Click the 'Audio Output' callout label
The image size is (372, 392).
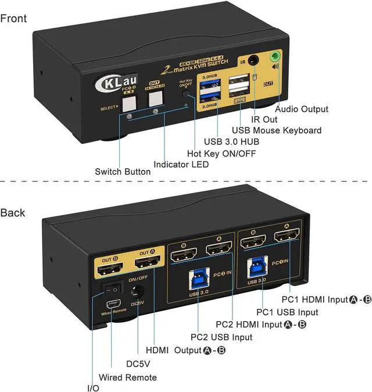pyautogui.click(x=301, y=109)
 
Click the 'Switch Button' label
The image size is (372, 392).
pyautogui.click(x=123, y=172)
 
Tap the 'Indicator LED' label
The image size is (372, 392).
pyautogui.click(x=181, y=165)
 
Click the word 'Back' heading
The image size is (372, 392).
pyautogui.click(x=13, y=212)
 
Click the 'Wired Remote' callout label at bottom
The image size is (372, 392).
pyautogui.click(x=127, y=377)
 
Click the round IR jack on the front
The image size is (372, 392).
pyautogui.click(x=255, y=60)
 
